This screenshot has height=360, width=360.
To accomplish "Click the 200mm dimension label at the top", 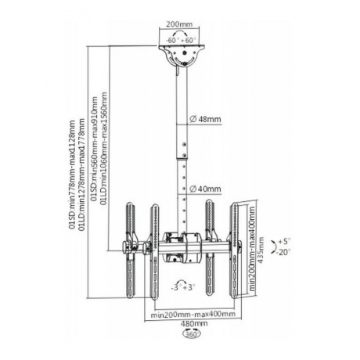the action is tap(179, 24).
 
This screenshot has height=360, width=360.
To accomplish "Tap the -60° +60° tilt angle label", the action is tap(181, 40).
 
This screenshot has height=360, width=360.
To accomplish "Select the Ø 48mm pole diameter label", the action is tap(205, 119).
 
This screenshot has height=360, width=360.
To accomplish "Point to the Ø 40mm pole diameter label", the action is tap(205, 189).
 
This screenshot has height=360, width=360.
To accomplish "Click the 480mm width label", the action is tap(194, 323).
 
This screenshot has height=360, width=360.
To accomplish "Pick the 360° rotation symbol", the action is tap(192, 333).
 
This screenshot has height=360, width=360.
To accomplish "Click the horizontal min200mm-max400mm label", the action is tap(193, 314).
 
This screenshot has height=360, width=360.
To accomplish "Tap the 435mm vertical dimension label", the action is tap(261, 250).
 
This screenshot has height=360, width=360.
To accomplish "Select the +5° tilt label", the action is tap(284, 241).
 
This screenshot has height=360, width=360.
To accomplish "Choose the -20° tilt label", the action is tap(284, 252).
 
